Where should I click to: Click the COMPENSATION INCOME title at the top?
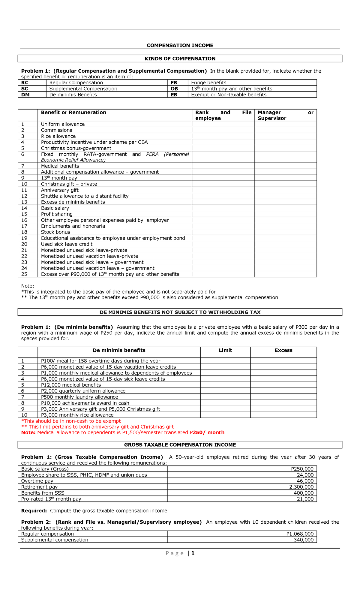pos(180,45)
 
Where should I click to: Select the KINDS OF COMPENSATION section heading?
pos(180,59)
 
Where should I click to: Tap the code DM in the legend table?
pos(25,95)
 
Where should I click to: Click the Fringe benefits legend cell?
pos(208,83)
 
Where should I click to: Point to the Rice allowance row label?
pos(58,136)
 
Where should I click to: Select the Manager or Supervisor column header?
pos(285,115)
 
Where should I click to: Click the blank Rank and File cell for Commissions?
pos(223,130)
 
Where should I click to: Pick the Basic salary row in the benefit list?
pos(55,208)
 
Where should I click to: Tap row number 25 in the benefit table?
pos(24,274)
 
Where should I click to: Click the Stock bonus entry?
pos(55,232)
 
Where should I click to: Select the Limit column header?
pos(225,350)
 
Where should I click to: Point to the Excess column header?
pos(283,350)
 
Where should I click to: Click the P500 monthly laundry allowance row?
pos(79,397)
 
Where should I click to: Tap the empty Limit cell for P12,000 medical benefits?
pos(225,385)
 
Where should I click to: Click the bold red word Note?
pos(28,432)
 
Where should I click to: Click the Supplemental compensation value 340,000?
pos(304,540)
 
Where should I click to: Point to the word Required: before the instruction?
pos(34,510)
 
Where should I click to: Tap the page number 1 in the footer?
pos(193,553)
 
